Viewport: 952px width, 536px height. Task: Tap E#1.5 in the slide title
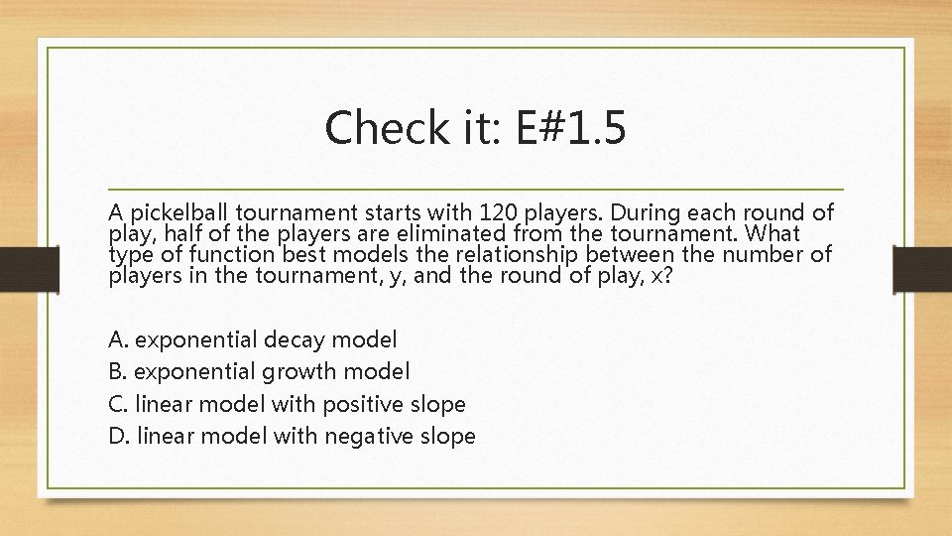[x=571, y=128]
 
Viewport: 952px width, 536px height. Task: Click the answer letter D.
[x=118, y=436]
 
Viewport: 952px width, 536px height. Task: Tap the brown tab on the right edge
[x=921, y=267]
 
